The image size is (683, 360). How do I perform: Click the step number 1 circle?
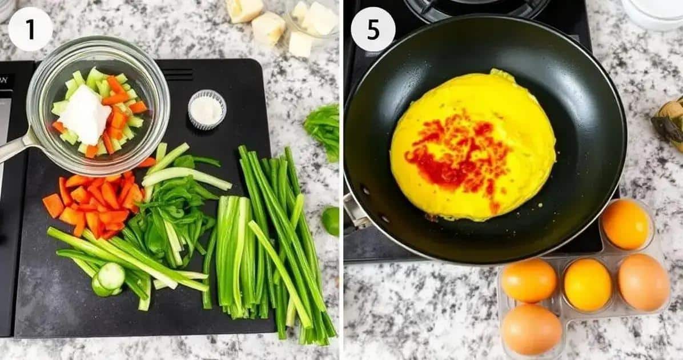30,29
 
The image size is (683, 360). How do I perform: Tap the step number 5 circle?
373,29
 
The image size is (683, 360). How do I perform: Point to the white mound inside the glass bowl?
86,114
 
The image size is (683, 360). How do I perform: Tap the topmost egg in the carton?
625,224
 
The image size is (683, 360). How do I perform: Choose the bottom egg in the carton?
532,330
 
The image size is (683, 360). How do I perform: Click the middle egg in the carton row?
588,285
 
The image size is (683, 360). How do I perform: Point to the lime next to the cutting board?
331,221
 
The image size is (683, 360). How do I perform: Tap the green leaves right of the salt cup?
323,130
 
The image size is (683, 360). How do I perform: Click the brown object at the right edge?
669,123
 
